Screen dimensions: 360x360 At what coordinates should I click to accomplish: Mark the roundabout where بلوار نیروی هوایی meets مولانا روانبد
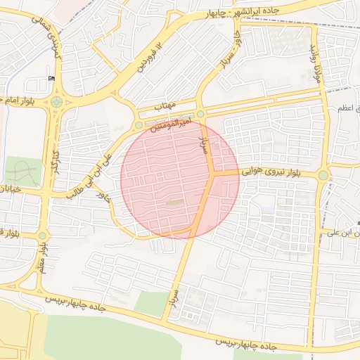323,174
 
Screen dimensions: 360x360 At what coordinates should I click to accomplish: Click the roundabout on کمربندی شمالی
56,102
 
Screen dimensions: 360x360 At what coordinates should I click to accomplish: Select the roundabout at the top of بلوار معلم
42,236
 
